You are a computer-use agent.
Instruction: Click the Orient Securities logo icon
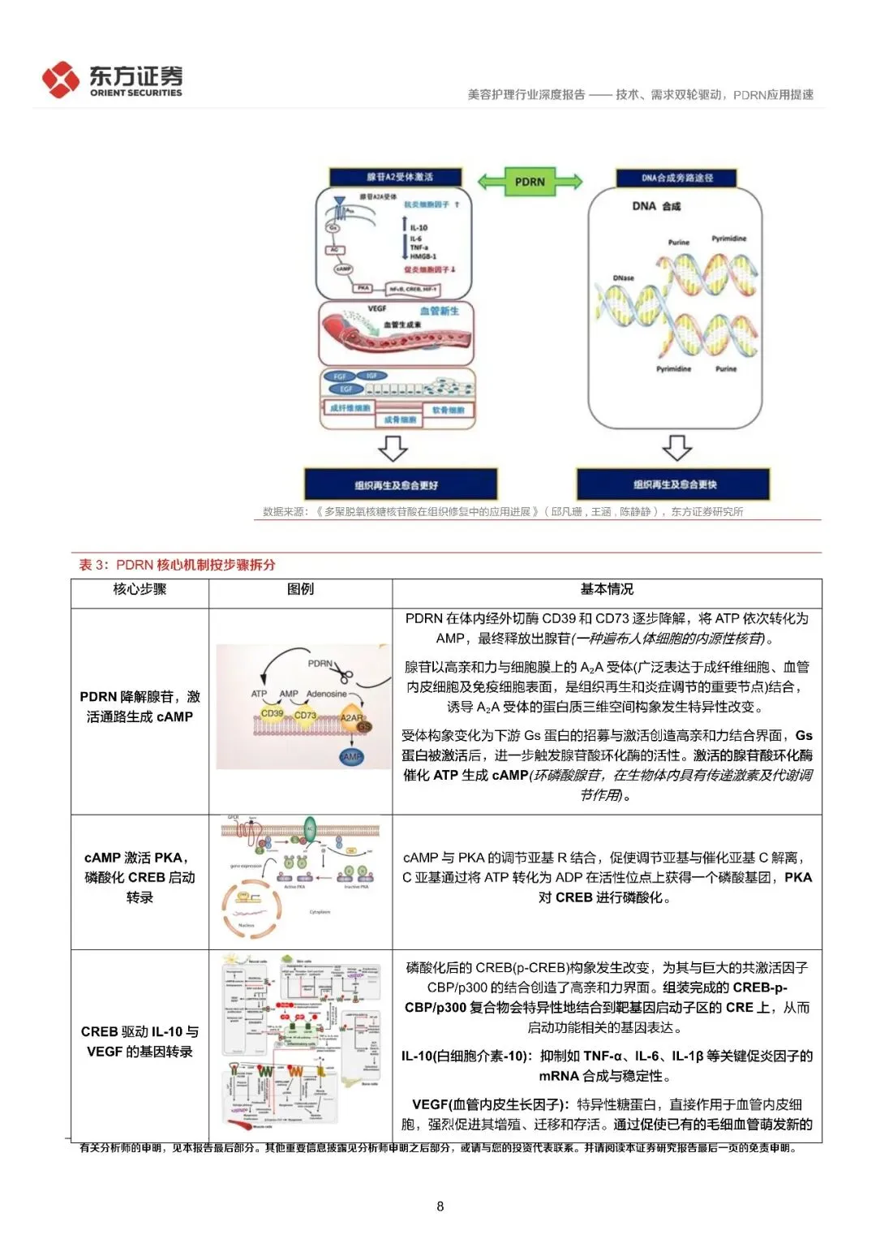click(x=60, y=80)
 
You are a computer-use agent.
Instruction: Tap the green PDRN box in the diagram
click(x=530, y=181)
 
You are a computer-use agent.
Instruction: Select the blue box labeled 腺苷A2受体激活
click(x=396, y=177)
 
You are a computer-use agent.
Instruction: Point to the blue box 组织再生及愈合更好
click(x=396, y=484)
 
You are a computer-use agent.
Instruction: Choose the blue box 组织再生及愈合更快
click(x=674, y=484)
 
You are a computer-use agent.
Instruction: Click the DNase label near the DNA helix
click(x=623, y=277)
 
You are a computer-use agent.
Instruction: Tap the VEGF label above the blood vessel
click(x=377, y=309)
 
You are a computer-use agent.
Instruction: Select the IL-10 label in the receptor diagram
click(x=419, y=228)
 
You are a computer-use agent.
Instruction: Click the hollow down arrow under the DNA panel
click(x=676, y=448)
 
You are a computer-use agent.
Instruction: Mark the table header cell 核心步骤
click(x=140, y=590)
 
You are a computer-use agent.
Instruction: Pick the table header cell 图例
click(x=300, y=590)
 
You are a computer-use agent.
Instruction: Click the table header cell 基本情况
click(x=607, y=590)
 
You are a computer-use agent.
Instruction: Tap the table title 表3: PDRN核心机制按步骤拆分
click(x=177, y=565)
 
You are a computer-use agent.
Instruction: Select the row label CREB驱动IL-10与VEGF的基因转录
click(x=140, y=1041)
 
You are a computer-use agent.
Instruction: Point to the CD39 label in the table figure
click(x=273, y=713)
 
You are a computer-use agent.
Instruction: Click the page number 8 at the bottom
click(x=440, y=1206)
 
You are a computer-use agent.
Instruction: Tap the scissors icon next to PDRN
click(x=343, y=673)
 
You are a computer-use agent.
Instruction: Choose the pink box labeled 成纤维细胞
click(x=350, y=407)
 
